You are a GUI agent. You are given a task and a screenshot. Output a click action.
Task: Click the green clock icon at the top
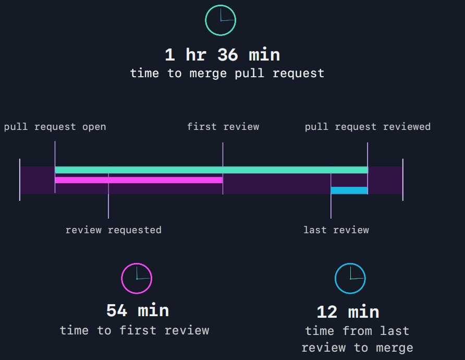click(x=221, y=20)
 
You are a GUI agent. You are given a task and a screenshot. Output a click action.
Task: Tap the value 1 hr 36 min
click(x=222, y=55)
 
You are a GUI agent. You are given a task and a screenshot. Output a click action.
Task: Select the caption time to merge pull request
click(x=227, y=73)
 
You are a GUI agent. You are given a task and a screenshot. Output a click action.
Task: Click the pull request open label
click(x=55, y=127)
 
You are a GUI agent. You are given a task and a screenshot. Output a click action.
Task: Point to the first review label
click(x=223, y=127)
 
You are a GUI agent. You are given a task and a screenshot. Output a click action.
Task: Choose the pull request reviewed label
click(x=368, y=127)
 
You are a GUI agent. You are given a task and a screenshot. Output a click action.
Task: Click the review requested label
click(x=113, y=230)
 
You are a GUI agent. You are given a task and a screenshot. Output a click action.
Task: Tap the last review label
click(x=336, y=230)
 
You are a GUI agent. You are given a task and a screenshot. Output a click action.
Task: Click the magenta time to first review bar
click(x=139, y=180)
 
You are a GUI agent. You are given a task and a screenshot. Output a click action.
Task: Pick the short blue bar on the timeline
click(x=349, y=190)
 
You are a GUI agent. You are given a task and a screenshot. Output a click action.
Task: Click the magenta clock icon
click(x=137, y=279)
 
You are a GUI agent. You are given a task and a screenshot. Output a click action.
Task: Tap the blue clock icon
click(x=350, y=279)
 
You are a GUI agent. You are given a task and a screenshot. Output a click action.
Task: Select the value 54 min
click(x=138, y=311)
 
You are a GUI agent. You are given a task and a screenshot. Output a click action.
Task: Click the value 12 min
click(x=348, y=313)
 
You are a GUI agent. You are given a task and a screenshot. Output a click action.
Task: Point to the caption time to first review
click(x=134, y=330)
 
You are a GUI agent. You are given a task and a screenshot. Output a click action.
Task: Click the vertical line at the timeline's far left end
click(x=20, y=180)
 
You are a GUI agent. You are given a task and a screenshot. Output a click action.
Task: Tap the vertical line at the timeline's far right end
click(x=403, y=180)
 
